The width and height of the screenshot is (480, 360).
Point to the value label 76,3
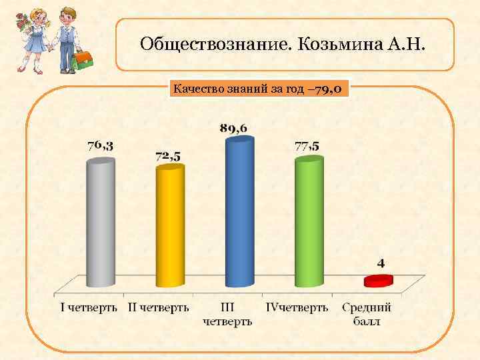coord(100,145)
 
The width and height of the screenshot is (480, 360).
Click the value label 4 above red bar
coord(381,264)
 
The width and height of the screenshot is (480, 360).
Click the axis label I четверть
coord(89,308)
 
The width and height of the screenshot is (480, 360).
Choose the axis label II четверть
coord(159,308)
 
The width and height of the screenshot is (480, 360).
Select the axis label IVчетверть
coord(297,308)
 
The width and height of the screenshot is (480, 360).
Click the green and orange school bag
coord(83,60)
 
